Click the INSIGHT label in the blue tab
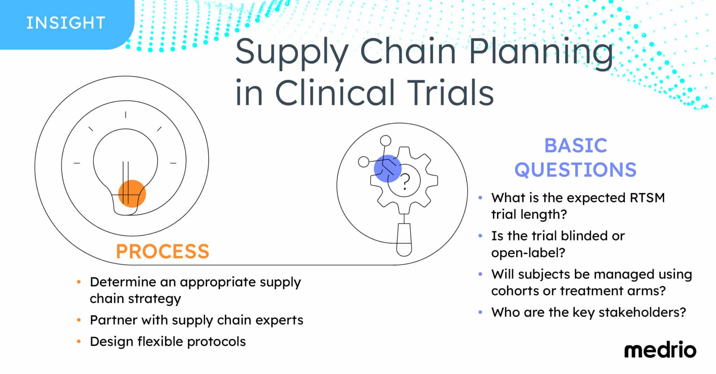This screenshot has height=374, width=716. pyautogui.click(x=65, y=23)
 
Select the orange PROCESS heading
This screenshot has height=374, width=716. pyautogui.click(x=163, y=251)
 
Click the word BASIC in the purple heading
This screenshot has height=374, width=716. pyautogui.click(x=575, y=145)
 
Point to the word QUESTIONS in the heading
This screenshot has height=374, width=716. pyautogui.click(x=575, y=170)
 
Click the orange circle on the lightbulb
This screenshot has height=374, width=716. pyautogui.click(x=132, y=194)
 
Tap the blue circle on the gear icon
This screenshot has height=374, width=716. pyautogui.click(x=387, y=168)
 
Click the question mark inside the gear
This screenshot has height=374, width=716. pyautogui.click(x=405, y=182)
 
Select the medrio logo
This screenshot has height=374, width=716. pyautogui.click(x=660, y=351)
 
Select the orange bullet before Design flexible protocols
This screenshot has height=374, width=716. pyautogui.click(x=79, y=341)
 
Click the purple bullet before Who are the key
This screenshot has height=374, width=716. pyautogui.click(x=480, y=312)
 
